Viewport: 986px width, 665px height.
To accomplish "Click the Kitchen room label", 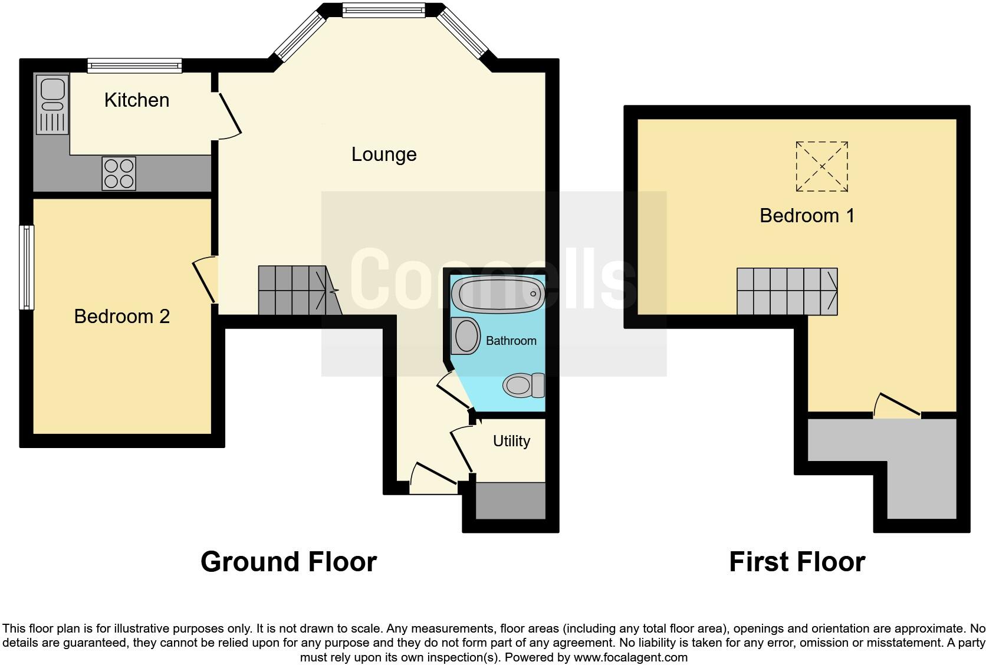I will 137,100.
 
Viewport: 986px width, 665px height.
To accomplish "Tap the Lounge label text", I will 384,154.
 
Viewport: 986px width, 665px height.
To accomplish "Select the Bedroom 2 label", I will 121,317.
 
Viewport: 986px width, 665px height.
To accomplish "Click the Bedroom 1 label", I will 807,216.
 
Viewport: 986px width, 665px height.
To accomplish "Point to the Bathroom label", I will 511,341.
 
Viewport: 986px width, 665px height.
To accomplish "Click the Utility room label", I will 511,441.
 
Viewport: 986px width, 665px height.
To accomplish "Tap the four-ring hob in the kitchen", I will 119,173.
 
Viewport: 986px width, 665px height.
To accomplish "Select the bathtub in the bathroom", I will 498,293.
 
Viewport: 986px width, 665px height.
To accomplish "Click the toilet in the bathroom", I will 523,386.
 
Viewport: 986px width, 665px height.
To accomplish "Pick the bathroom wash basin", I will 466,336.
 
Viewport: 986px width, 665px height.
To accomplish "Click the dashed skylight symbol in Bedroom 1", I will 821,166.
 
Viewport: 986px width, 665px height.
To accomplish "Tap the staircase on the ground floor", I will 298,290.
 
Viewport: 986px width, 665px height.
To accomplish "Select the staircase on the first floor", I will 787,291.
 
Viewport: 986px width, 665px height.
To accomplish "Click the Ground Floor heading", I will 288,562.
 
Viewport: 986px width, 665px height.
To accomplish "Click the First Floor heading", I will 797,562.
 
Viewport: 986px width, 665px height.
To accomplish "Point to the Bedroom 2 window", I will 26,267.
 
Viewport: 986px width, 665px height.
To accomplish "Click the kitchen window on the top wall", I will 134,65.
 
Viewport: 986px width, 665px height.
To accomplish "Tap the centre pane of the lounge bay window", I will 383,10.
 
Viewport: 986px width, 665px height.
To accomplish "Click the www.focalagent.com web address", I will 630,657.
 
